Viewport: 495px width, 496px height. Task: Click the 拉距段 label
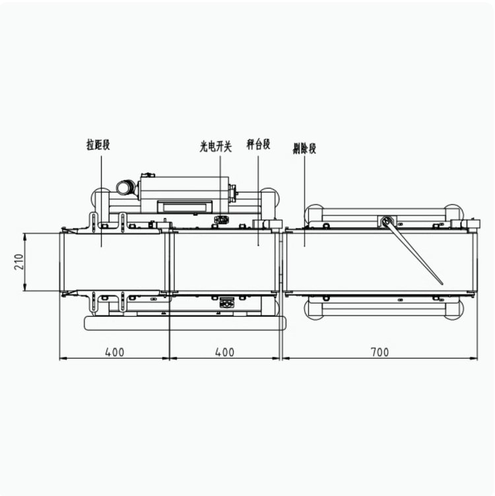(x=98, y=145)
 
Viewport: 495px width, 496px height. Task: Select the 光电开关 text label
(x=216, y=147)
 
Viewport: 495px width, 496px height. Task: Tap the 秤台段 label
(x=258, y=144)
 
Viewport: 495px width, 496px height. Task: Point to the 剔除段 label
(x=304, y=149)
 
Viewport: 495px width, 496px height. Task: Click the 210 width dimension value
(x=19, y=262)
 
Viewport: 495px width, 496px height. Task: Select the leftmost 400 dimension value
(x=115, y=352)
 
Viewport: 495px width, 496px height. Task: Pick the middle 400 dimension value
(x=225, y=352)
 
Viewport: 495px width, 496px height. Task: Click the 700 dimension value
(x=379, y=352)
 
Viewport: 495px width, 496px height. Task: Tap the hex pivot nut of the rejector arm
(x=385, y=221)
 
